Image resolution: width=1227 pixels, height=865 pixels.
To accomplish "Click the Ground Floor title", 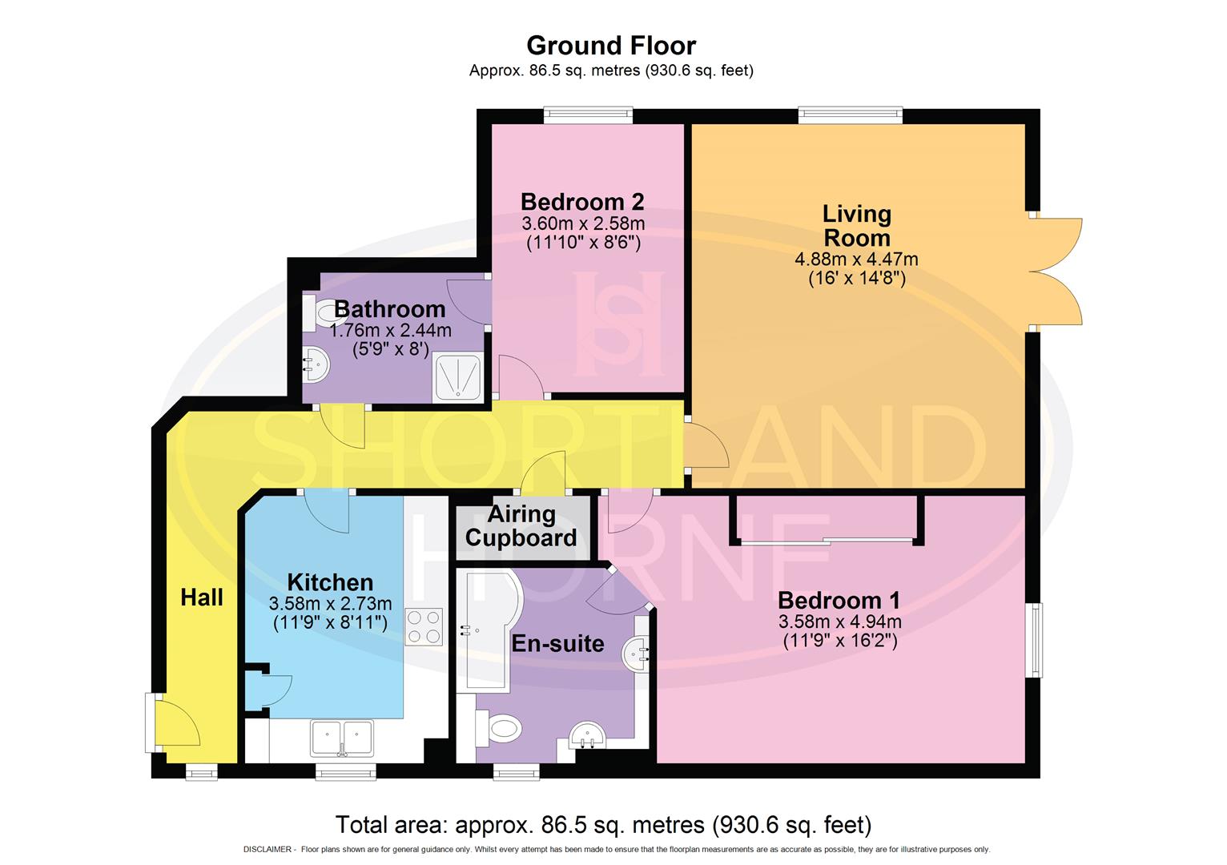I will click(610, 45).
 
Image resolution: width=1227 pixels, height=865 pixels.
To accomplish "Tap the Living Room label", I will click(856, 226).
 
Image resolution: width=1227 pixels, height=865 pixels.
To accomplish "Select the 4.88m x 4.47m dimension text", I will click(856, 259).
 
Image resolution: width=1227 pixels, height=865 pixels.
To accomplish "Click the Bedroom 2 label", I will click(582, 201).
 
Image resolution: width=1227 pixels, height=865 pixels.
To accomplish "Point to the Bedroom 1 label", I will click(839, 600).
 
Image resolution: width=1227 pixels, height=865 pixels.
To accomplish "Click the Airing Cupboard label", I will click(521, 525).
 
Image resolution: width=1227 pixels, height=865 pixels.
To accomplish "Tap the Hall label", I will click(202, 597).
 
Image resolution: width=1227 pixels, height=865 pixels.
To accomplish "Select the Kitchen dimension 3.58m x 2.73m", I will click(330, 603).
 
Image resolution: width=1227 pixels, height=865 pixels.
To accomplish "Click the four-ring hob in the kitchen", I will click(424, 627).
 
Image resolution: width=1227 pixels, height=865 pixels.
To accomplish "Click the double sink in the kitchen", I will click(343, 737).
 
